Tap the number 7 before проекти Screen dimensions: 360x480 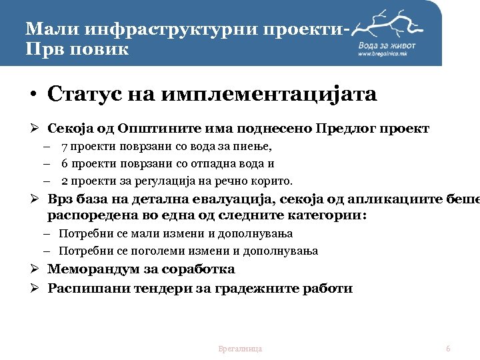64,147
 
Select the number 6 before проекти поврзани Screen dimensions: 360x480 64,163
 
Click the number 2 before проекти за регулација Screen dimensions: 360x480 64,181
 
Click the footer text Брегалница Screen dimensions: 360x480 240,349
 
